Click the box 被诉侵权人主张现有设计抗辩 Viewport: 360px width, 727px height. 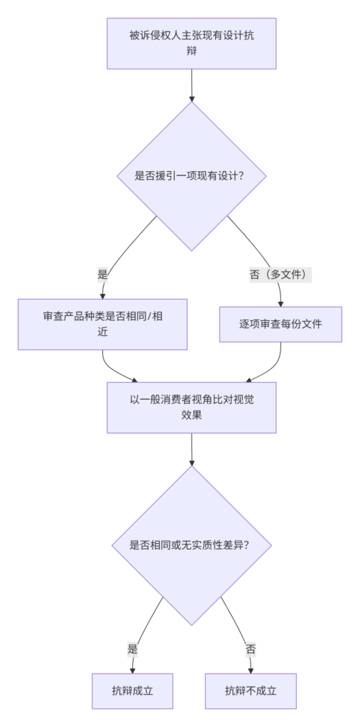(192, 43)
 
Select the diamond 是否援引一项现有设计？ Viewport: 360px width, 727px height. (192, 176)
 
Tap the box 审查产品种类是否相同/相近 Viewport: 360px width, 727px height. (102, 324)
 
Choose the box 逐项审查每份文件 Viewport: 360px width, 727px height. (280, 324)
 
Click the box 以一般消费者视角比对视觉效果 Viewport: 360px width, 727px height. (192, 408)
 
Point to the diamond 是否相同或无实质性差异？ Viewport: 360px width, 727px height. (192, 545)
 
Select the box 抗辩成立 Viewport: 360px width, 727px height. (133, 691)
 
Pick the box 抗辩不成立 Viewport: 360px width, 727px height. (251, 691)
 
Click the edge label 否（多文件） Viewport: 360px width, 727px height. (280, 275)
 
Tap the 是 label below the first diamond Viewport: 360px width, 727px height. (102, 275)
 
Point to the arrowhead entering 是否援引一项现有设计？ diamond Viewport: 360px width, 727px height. (192, 98)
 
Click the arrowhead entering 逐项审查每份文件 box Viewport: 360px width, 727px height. (280, 304)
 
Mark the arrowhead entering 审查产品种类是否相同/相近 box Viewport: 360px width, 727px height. (102, 296)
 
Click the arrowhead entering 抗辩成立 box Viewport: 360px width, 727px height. (133, 670)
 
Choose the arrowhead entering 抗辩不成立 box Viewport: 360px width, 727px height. (251, 670)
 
